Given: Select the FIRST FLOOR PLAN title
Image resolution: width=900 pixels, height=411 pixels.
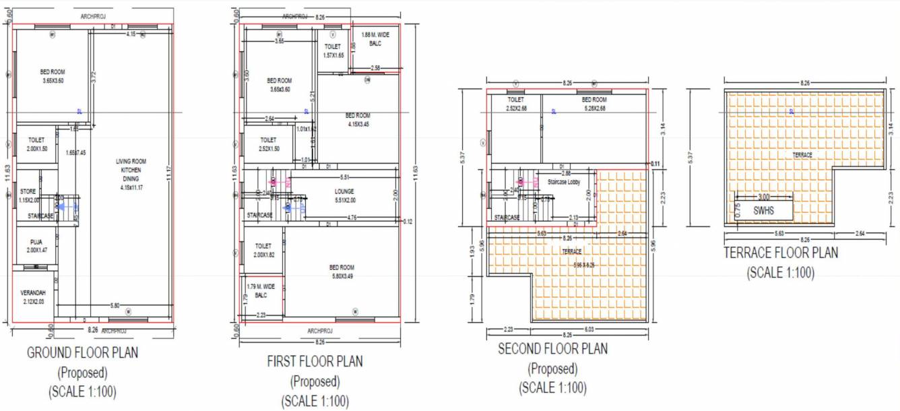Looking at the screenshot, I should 315,361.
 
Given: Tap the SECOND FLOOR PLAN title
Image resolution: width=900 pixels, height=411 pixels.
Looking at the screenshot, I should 552,349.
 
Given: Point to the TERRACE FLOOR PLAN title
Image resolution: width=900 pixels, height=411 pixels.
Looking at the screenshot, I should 781,253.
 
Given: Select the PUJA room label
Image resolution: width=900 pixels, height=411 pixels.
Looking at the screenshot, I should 36,245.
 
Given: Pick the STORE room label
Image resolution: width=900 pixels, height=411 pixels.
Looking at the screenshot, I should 28,195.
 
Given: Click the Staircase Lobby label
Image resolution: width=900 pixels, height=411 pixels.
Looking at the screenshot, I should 564,182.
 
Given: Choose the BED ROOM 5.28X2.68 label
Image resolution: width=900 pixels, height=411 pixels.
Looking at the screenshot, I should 594,104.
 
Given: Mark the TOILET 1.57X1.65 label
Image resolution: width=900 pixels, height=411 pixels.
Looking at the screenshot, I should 333,51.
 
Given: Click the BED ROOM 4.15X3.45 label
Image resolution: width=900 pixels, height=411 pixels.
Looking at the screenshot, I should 358,119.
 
